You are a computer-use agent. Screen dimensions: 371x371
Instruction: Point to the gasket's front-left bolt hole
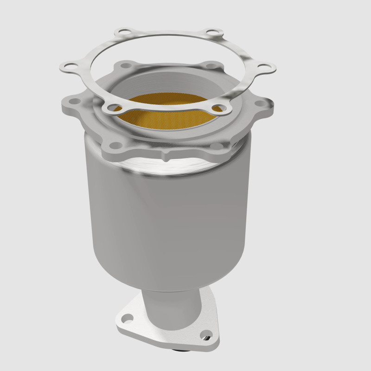coord(111,109)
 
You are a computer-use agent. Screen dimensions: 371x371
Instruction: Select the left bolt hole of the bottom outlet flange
coord(127,318)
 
